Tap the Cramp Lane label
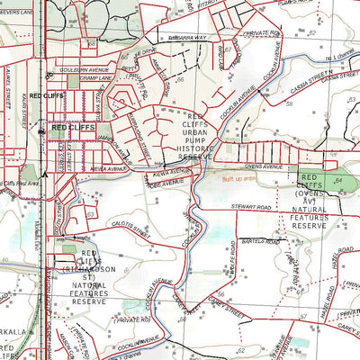tap(77, 78)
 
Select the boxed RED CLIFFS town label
tap(72, 129)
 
